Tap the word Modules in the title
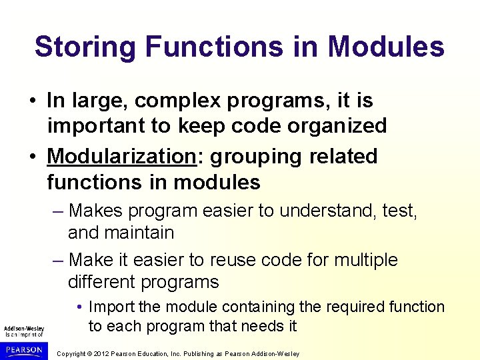(386, 47)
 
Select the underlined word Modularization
(121, 157)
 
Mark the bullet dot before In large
(32, 102)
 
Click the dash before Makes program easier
(58, 211)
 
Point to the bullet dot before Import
(79, 307)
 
